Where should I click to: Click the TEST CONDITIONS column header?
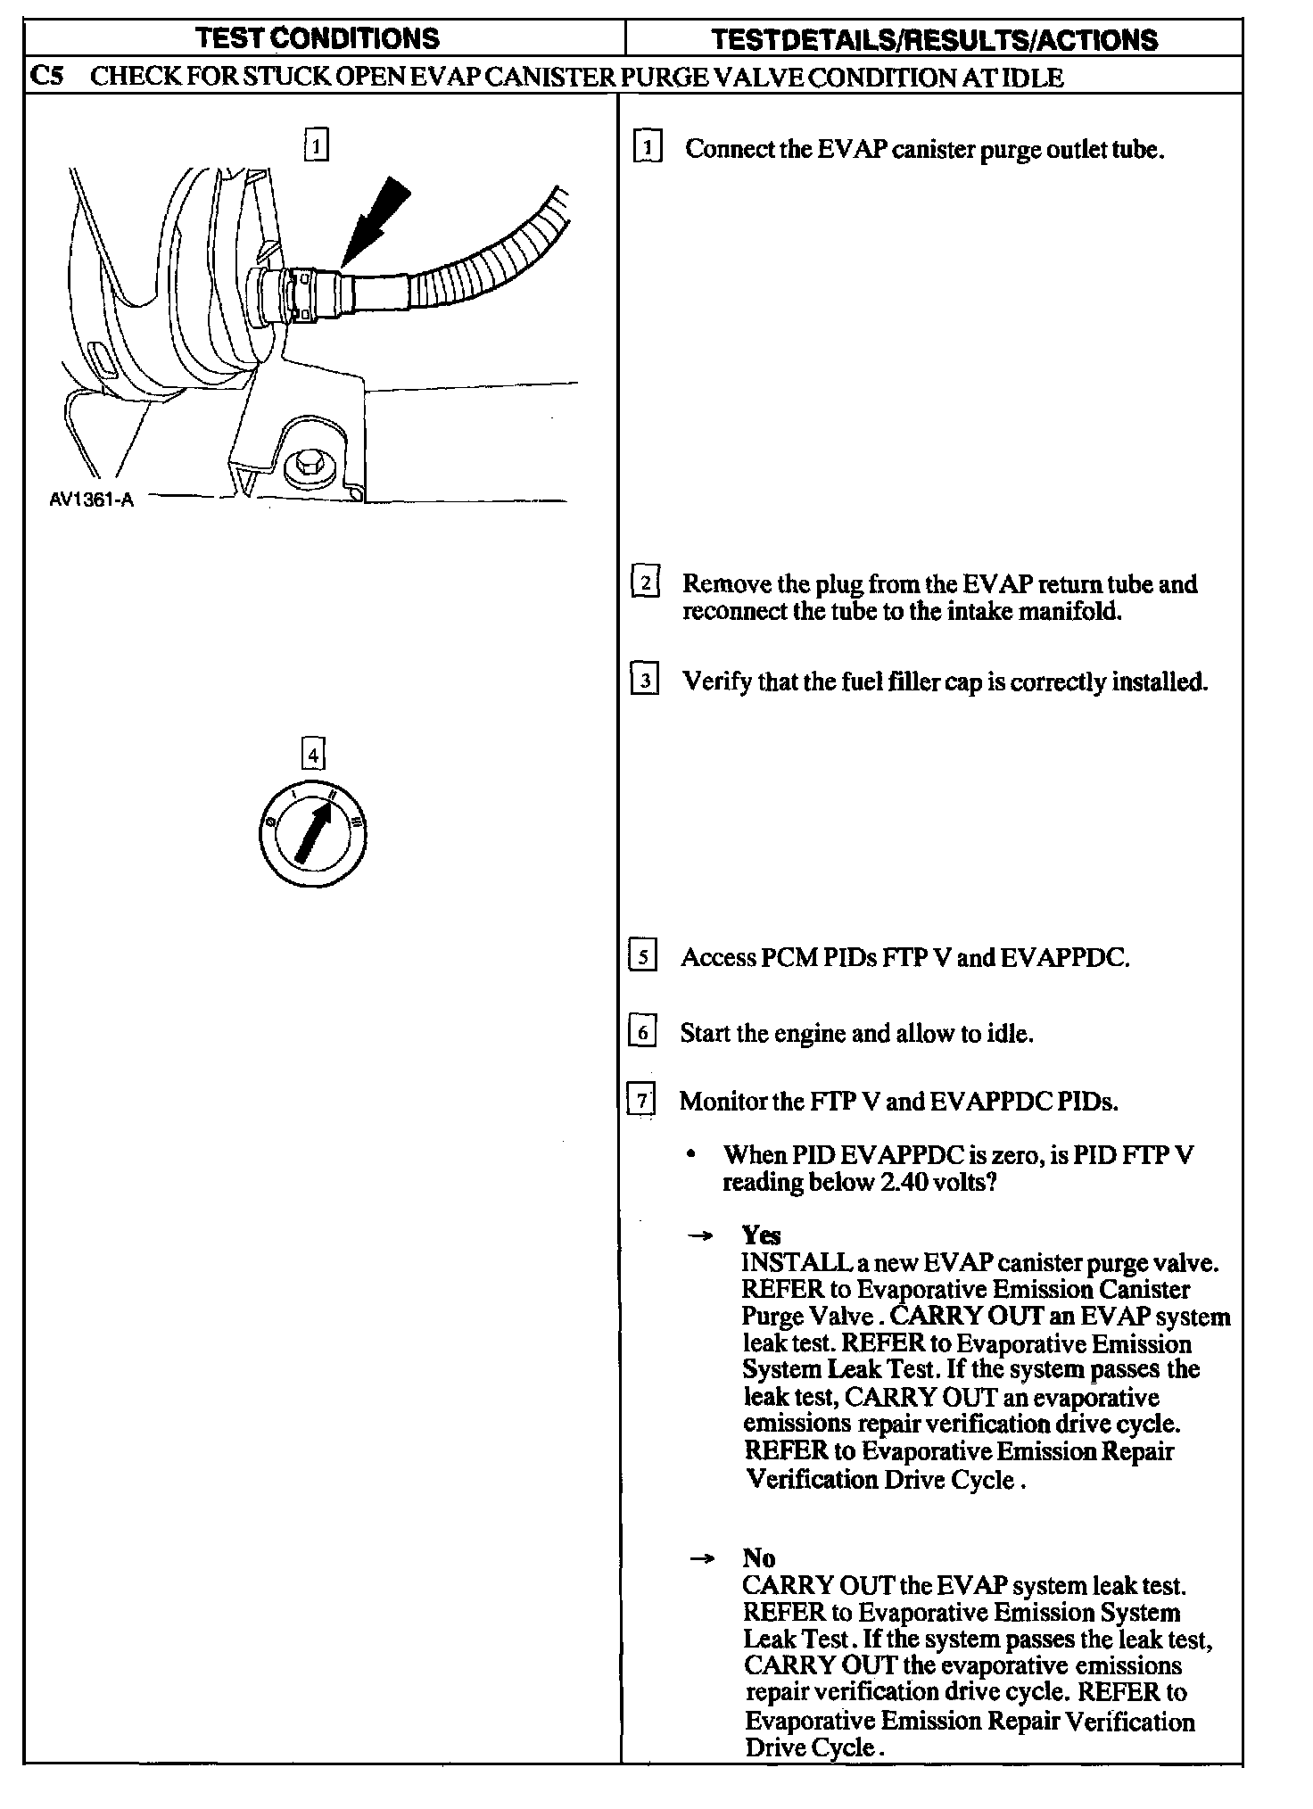click(x=317, y=38)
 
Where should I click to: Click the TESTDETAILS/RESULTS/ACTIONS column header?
click(x=934, y=40)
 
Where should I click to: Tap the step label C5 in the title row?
click(x=46, y=77)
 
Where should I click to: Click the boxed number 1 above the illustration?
click(x=316, y=145)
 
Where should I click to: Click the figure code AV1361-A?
click(x=91, y=500)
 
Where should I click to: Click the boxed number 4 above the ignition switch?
click(x=312, y=755)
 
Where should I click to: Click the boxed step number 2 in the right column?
click(x=645, y=582)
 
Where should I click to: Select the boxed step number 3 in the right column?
click(x=644, y=681)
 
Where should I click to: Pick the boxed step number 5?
click(x=643, y=956)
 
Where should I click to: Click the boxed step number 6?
click(x=642, y=1032)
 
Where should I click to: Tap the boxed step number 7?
click(x=641, y=1100)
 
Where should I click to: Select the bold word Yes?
click(x=761, y=1235)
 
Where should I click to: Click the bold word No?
click(x=759, y=1558)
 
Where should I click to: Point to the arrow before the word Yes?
click(x=703, y=1236)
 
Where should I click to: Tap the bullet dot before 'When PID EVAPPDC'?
click(x=690, y=1154)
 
